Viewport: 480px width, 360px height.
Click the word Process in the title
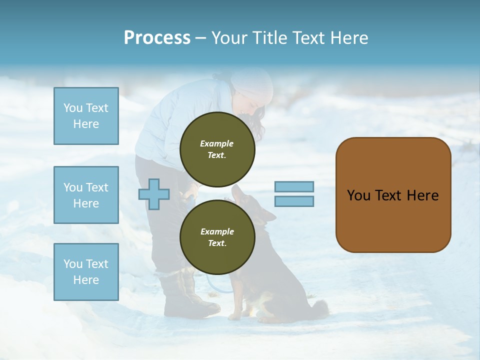coord(157,38)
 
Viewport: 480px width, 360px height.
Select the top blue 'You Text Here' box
coord(86,116)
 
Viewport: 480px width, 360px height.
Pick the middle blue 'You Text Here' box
coord(86,195)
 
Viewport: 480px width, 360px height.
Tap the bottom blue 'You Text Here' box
coord(86,271)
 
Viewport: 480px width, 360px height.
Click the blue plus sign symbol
coord(154,194)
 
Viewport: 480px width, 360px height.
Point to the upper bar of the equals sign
coord(294,187)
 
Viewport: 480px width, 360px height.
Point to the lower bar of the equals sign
coord(294,201)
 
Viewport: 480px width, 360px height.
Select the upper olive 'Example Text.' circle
coord(217,149)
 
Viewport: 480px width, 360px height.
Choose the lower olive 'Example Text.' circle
coord(217,237)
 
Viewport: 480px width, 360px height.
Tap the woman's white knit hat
coord(253,84)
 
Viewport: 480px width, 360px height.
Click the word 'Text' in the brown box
coord(388,195)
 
